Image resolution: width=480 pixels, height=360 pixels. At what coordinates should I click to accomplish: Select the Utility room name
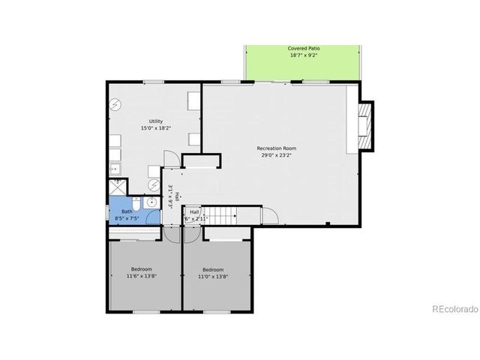155,121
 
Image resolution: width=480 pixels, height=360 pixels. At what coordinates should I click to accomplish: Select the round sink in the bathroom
151,202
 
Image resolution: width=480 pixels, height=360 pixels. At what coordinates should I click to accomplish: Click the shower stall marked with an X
116,185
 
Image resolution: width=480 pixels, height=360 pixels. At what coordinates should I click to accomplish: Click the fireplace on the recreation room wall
364,124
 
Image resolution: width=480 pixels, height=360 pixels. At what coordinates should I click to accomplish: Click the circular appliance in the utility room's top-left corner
115,105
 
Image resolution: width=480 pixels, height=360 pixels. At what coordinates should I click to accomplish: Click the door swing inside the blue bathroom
153,217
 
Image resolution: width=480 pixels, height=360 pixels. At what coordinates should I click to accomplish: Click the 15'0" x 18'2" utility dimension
155,129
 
